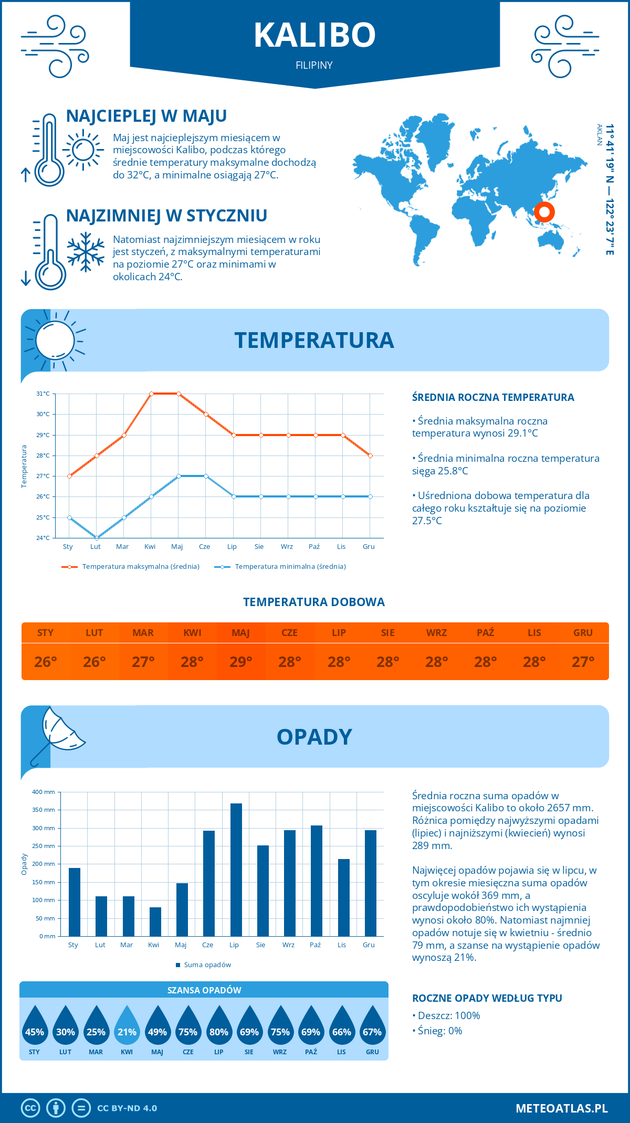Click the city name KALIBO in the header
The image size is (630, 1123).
tap(314, 35)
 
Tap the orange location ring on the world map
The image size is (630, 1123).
tap(544, 212)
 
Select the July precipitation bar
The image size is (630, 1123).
tap(236, 870)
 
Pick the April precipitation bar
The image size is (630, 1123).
tap(155, 921)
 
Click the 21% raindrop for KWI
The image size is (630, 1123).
tap(127, 1029)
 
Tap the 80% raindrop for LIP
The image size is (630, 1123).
tap(219, 1029)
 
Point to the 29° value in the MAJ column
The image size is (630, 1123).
tap(241, 662)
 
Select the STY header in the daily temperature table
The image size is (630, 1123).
tap(46, 633)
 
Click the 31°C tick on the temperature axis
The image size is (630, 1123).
tap(43, 394)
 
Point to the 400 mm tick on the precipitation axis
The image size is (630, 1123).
tap(44, 792)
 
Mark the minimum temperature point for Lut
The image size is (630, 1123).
tap(97, 538)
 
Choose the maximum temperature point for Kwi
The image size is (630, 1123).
tap(151, 394)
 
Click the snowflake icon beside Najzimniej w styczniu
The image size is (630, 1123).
tap(86, 252)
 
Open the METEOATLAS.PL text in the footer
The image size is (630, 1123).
tap(561, 1108)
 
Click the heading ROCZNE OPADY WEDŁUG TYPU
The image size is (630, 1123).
tap(487, 998)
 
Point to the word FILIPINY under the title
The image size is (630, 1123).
tap(314, 66)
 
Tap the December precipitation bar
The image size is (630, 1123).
tap(371, 883)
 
